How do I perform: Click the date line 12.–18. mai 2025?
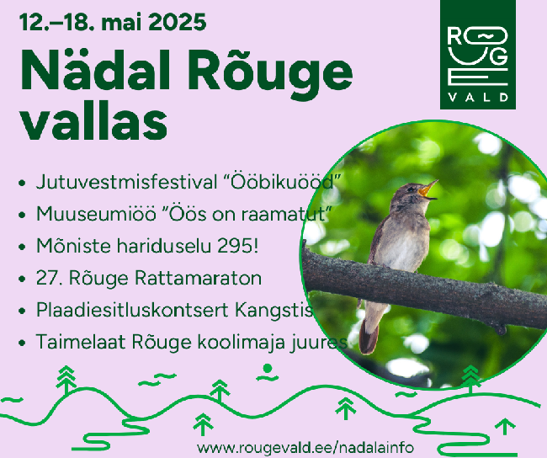tap(113, 23)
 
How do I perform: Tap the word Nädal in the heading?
tap(96, 70)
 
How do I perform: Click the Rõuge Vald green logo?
tap(478, 55)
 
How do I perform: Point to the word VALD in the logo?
tap(478, 97)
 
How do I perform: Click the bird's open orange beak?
tap(428, 190)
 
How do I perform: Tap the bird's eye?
tap(411, 189)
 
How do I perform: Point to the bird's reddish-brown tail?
tap(369, 336)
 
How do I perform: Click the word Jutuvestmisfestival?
tap(126, 183)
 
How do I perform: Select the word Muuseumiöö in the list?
tap(96, 214)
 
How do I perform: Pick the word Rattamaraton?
tap(198, 278)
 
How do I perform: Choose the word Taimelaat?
tap(81, 342)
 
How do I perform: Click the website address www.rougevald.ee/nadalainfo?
tap(305, 448)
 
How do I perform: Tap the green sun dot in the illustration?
tap(268, 368)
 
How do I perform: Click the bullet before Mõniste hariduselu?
tap(22, 247)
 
